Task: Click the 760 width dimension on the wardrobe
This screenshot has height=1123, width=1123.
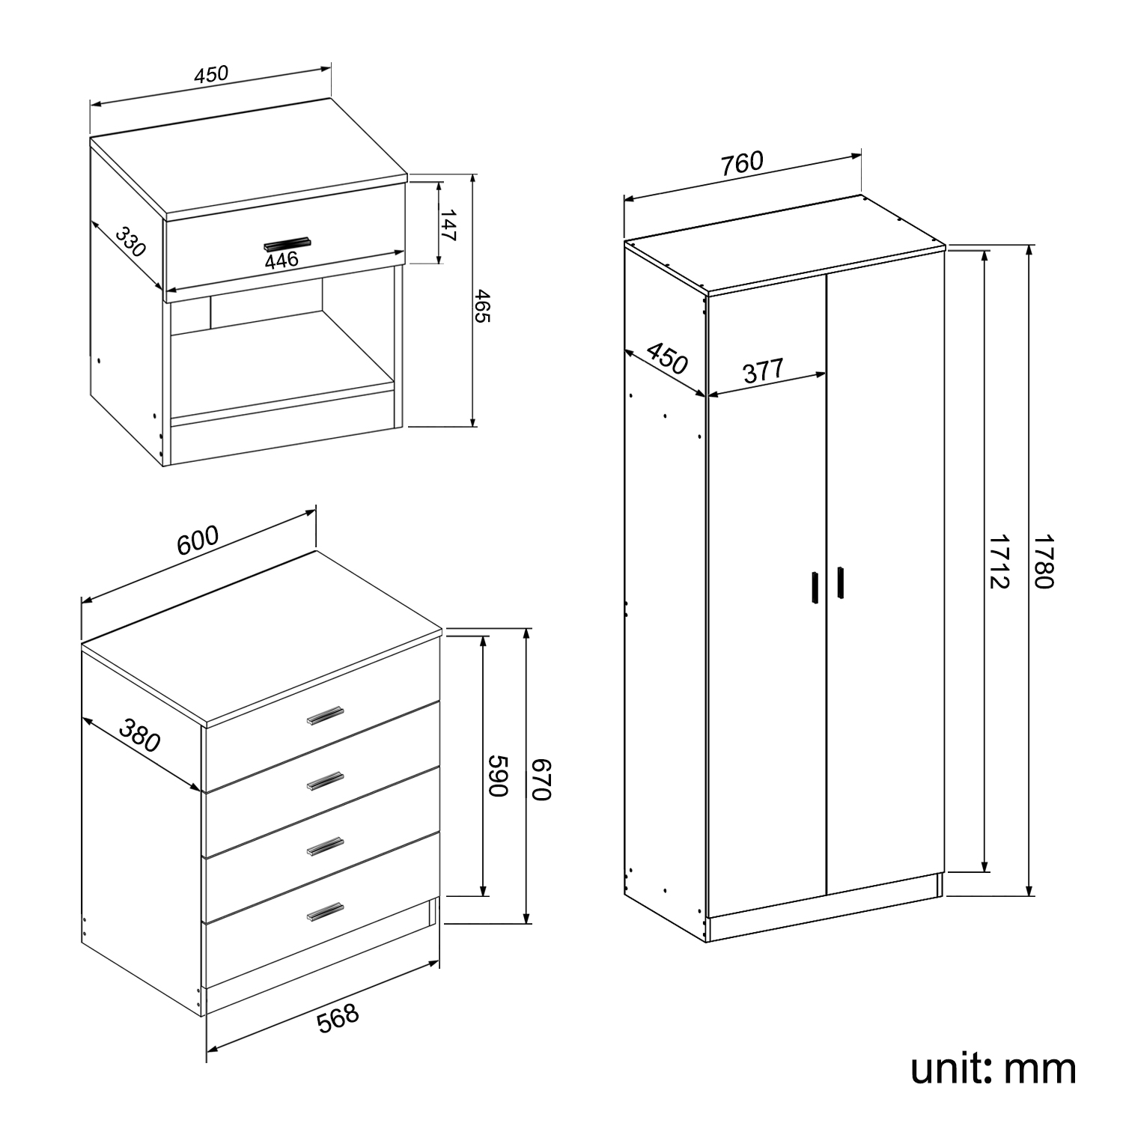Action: tap(742, 163)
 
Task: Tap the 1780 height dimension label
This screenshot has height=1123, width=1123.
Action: tap(1043, 561)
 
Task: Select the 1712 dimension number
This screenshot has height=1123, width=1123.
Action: tap(999, 561)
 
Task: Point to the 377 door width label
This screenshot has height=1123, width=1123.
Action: tap(763, 371)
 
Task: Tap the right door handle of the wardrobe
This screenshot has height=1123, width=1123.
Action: tap(841, 582)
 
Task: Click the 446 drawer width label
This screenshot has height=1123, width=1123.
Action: tap(281, 260)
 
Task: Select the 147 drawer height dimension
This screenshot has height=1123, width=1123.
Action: tap(448, 225)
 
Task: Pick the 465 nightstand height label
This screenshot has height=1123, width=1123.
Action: tap(481, 306)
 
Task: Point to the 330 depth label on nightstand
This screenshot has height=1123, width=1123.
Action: tap(130, 242)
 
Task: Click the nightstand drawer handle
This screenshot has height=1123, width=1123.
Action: tap(287, 243)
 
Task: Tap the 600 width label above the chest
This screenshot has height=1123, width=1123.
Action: tap(198, 540)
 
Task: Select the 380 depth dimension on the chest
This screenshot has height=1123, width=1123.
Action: tap(140, 735)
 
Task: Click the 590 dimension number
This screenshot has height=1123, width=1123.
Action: tap(499, 776)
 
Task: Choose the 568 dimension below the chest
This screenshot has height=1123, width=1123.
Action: tap(338, 1018)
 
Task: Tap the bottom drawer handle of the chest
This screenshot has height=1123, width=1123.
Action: tap(326, 911)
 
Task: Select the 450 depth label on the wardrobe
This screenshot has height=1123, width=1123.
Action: tap(666, 359)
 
